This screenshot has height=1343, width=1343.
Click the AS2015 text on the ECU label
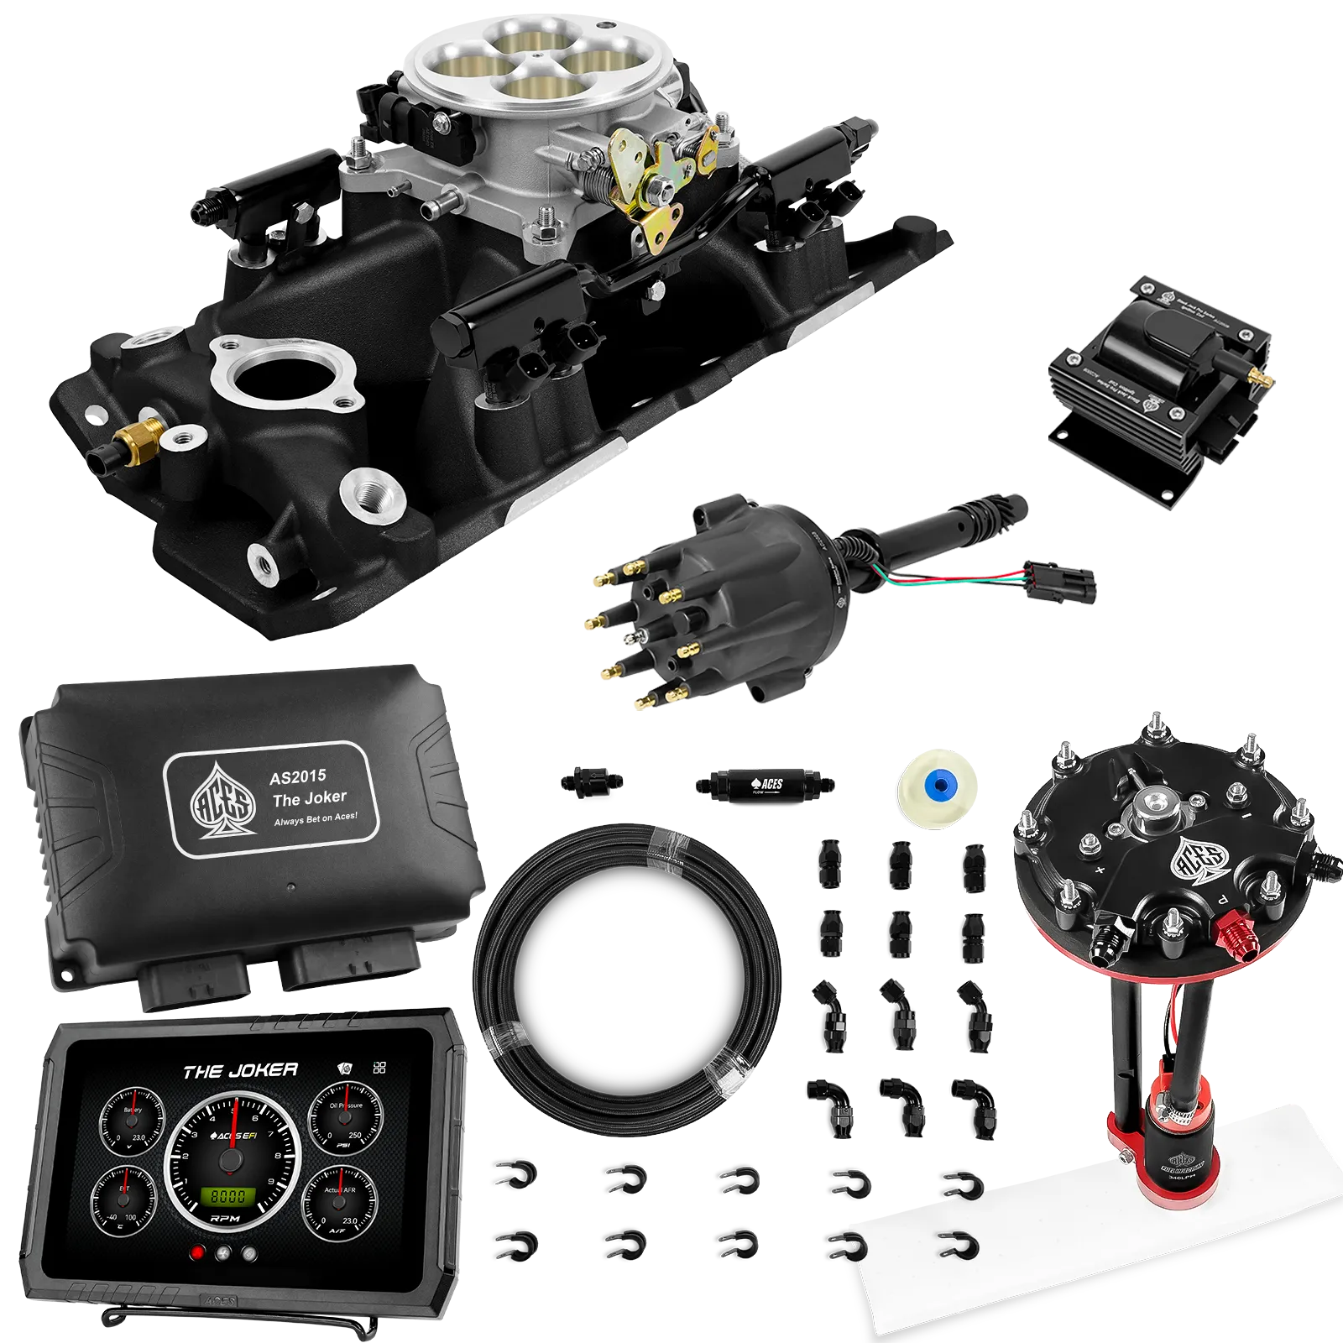[x=297, y=777]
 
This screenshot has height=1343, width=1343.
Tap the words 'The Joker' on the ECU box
[x=309, y=798]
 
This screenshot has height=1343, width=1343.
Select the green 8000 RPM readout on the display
[x=227, y=1195]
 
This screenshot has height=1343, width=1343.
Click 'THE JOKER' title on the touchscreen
[x=240, y=1071]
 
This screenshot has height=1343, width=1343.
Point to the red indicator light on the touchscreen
[x=198, y=1253]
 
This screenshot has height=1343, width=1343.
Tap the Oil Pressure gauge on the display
[x=345, y=1121]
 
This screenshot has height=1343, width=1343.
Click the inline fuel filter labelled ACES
[x=764, y=785]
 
